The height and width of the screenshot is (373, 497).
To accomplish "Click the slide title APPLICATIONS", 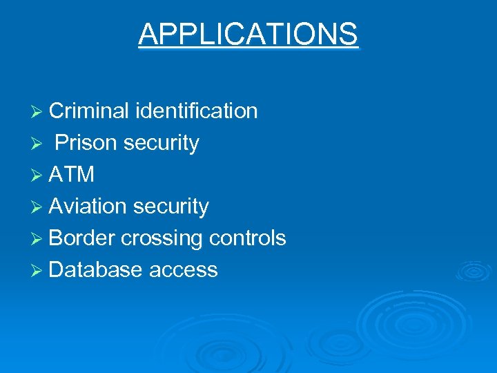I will [248, 34].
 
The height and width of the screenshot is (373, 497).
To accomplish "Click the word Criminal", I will [89, 111].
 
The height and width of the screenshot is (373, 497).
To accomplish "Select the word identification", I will [197, 111].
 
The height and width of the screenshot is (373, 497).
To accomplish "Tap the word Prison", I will [86, 143].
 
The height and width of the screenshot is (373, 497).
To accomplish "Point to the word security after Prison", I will [161, 143].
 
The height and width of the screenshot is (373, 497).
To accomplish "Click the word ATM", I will [72, 175].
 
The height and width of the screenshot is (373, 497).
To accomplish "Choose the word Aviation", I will [88, 207].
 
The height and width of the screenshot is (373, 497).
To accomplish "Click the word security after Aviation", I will [170, 207].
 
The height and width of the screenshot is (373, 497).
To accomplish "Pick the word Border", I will [82, 238].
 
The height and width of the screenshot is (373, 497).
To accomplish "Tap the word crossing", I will [162, 238].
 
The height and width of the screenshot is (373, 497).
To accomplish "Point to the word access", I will [184, 270].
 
